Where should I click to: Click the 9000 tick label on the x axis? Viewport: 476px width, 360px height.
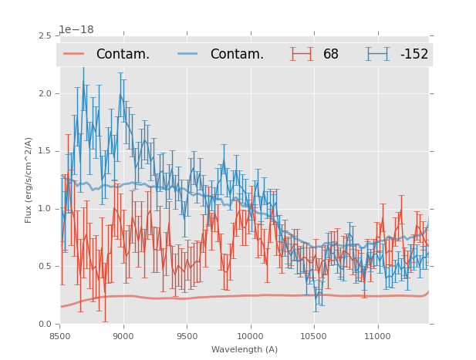point(123,336)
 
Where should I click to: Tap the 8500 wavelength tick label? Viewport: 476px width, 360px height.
point(60,336)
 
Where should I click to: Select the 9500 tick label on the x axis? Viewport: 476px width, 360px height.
point(187,336)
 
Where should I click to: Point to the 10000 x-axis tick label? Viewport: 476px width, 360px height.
point(250,336)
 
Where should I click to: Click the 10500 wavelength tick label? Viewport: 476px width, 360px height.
point(314,336)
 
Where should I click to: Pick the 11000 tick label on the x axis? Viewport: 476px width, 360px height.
point(377,336)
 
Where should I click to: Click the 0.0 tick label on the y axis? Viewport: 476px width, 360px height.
point(46,324)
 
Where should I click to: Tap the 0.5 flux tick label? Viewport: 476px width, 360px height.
point(46,266)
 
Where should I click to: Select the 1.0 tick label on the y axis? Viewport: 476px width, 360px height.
point(46,209)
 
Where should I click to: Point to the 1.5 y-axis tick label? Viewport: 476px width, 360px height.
point(46,151)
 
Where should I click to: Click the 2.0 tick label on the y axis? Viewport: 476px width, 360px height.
point(46,93)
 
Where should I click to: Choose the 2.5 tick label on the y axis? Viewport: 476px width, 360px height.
point(46,36)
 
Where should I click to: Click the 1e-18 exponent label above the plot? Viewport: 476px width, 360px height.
point(76,30)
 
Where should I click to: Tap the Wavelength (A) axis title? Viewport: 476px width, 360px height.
point(245,349)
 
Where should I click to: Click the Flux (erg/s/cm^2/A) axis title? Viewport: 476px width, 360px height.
point(29,180)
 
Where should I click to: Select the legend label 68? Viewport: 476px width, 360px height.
point(331,55)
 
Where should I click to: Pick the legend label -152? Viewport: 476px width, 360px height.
point(414,55)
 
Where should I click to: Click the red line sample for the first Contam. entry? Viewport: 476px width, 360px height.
point(74,54)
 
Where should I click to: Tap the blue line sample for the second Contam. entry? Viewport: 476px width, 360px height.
point(188,54)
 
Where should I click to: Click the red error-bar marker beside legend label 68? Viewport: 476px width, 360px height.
point(302,54)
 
